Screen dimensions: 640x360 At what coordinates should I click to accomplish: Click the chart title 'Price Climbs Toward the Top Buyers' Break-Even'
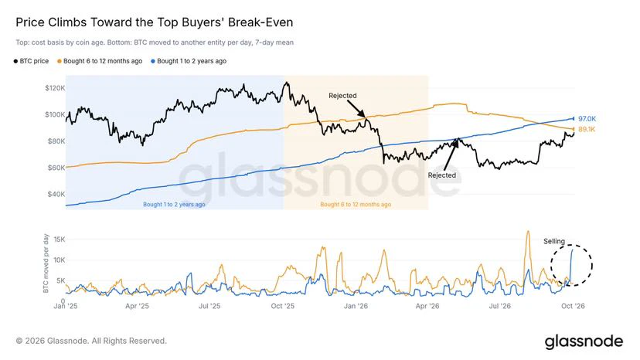155,22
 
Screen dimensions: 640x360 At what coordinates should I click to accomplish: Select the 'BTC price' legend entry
31,61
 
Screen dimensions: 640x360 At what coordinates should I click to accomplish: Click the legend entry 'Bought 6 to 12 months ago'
100,61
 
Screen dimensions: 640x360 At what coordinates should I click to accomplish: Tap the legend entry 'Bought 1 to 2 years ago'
189,61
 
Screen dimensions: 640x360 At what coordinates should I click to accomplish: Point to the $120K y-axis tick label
55,88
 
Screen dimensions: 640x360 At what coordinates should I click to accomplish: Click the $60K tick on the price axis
56,168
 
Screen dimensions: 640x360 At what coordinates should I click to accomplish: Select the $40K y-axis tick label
56,194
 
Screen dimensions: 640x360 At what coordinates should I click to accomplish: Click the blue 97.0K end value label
587,119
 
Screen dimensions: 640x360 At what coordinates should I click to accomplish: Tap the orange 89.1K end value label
587,129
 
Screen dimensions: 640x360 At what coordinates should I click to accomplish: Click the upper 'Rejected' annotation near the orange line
343,96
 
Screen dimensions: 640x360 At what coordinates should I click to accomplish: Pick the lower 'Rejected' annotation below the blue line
442,175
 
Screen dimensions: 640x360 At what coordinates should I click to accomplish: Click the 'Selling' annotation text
554,241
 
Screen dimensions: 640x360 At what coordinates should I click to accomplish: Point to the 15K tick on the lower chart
60,239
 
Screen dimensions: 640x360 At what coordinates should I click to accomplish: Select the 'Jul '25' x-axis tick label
209,306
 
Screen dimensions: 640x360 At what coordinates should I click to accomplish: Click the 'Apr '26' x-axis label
427,306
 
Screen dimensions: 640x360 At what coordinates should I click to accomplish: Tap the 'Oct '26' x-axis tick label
573,306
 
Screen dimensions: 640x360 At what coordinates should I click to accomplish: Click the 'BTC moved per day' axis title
46,263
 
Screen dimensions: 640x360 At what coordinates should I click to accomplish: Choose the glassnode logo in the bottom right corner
584,341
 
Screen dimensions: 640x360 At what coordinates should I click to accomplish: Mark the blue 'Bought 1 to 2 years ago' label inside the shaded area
174,204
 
